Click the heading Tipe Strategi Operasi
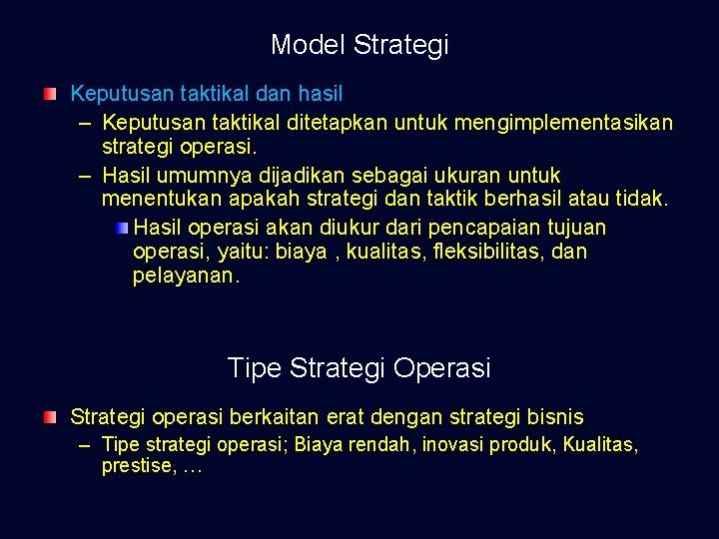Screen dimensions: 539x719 [x=359, y=368]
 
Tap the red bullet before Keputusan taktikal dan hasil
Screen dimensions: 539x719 [x=50, y=95]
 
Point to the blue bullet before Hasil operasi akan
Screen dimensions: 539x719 [x=121, y=228]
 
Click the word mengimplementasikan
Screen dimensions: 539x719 [x=563, y=123]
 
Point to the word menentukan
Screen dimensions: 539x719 [x=157, y=199]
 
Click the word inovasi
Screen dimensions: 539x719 [x=448, y=445]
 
